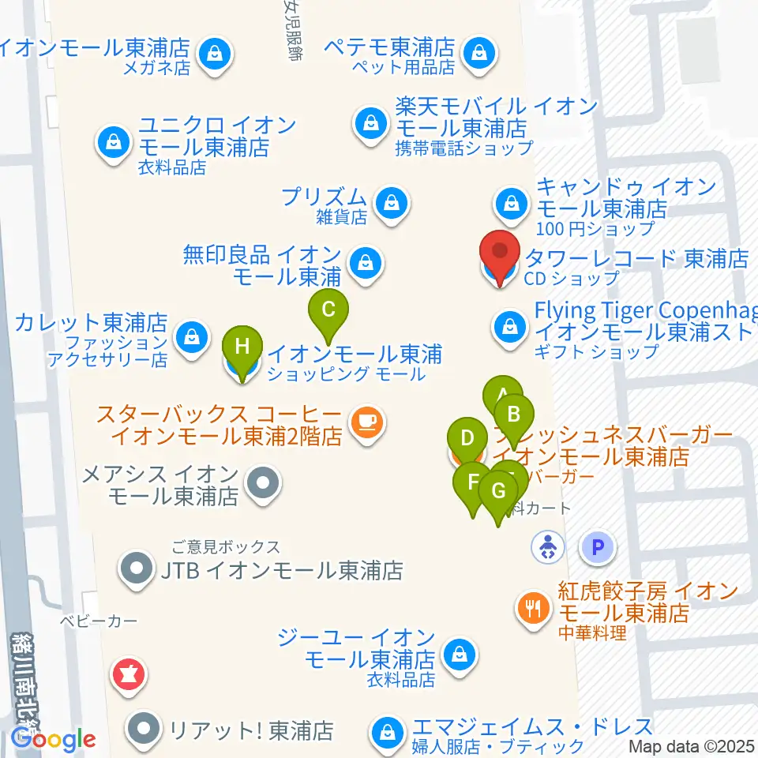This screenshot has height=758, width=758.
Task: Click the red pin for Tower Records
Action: [500, 254]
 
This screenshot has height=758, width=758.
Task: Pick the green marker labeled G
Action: [498, 492]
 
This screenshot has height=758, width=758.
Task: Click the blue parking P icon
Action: [598, 546]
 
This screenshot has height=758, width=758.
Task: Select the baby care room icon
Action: [546, 546]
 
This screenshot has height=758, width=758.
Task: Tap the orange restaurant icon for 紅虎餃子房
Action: [533, 607]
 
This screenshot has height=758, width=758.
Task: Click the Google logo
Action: [53, 740]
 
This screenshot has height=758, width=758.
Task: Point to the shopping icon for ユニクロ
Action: [114, 143]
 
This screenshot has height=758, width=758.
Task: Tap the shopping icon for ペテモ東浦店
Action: [478, 53]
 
